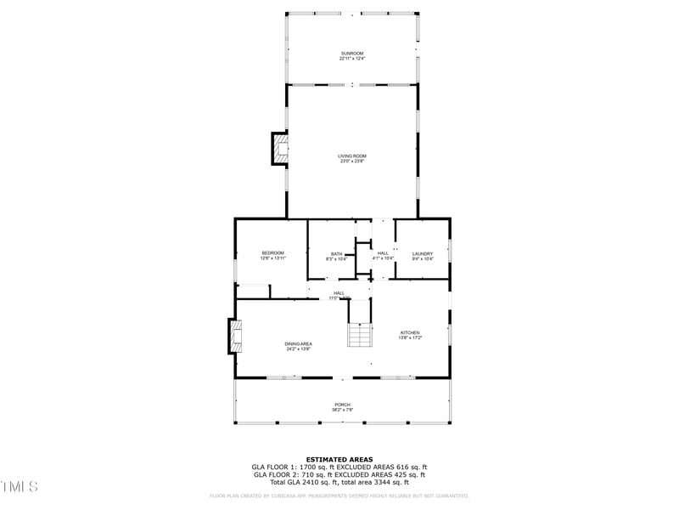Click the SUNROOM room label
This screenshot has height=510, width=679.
[x=351, y=54]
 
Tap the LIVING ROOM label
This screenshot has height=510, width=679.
[x=351, y=156]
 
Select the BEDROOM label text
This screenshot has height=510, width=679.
[x=272, y=252]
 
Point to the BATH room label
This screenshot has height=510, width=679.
[x=337, y=253]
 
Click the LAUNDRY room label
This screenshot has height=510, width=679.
[x=423, y=253]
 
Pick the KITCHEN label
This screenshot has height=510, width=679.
[x=410, y=332]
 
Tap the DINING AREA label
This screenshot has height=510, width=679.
[x=298, y=343]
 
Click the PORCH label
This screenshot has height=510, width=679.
[x=342, y=405]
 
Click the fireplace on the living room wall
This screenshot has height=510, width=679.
[x=279, y=150]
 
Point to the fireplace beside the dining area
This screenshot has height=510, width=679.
[x=235, y=336]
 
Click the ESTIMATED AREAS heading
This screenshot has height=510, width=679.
[x=339, y=459]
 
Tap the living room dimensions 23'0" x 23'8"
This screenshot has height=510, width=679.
[x=351, y=161]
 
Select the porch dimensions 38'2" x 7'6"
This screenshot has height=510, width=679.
[x=342, y=410]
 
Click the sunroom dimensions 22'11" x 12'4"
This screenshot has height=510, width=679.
[x=351, y=59]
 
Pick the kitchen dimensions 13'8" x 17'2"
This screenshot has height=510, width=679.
[x=410, y=337]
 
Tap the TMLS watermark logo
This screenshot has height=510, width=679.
[x=19, y=486]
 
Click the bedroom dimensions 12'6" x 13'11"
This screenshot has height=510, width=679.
[x=272, y=258]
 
